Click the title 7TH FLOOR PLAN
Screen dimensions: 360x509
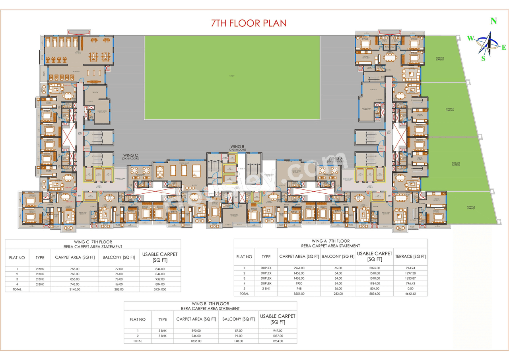249,23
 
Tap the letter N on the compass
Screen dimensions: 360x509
493,21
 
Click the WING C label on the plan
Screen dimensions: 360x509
130,156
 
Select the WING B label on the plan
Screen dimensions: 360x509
237,147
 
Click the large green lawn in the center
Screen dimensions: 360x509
232,77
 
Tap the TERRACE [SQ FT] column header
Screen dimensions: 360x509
410,257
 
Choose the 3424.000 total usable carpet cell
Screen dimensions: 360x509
159,290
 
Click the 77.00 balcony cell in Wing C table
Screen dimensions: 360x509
118,269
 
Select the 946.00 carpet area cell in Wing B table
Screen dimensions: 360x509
196,336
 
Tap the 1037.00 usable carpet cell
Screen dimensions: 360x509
278,336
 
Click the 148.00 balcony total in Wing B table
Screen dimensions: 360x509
239,341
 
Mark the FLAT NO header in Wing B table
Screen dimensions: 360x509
138,319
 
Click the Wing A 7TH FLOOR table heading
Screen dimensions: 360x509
330,241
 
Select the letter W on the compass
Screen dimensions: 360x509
470,38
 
